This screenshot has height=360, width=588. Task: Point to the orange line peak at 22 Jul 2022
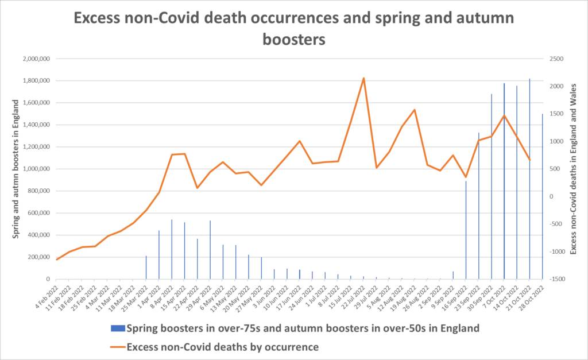point(363,78)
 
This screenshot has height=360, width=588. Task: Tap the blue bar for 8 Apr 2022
point(172,249)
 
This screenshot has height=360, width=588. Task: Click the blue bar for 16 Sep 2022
point(466,230)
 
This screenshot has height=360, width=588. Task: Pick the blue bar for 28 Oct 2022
point(542,196)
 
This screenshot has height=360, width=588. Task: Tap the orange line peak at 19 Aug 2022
point(415,110)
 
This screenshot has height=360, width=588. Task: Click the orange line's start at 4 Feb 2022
point(57,260)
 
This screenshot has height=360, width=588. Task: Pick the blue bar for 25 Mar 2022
point(146,268)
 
